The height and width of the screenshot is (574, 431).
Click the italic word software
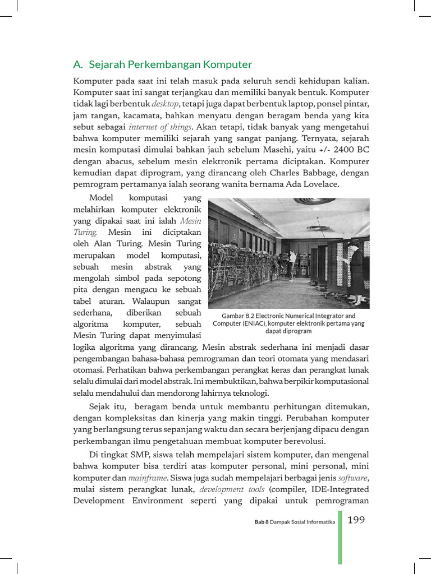352,478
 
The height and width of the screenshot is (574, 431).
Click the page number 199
356,520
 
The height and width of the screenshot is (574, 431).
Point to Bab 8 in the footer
261,522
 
